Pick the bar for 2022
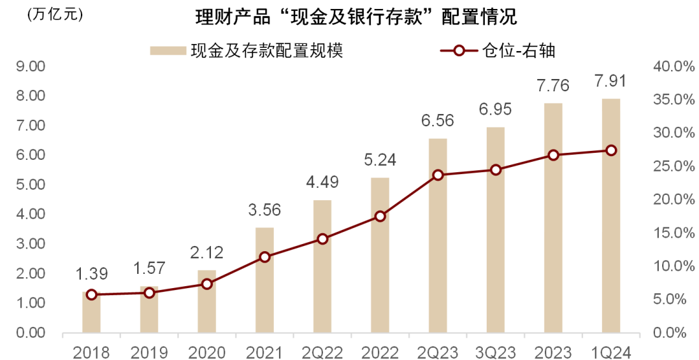[380, 278]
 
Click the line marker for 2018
[91, 295]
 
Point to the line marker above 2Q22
[322, 239]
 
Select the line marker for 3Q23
[496, 170]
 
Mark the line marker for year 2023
[553, 155]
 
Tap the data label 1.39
[91, 274]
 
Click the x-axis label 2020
[207, 352]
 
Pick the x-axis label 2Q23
[438, 352]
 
